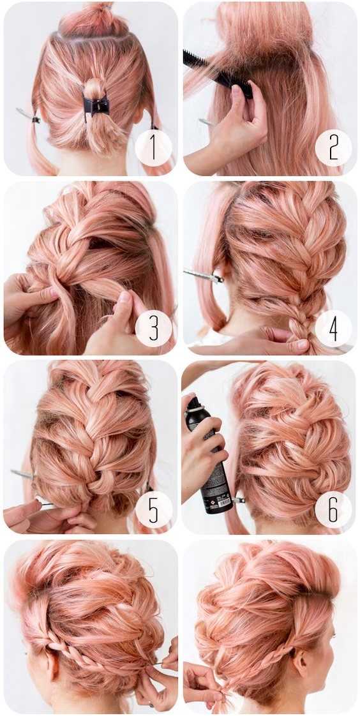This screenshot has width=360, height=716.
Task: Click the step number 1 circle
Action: point(153,147)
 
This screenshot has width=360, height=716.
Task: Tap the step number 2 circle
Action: point(333,147)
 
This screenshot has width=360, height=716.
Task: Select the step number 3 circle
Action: point(153,329)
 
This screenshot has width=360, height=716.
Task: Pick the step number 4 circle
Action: point(333,329)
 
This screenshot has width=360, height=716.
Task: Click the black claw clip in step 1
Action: point(96,106)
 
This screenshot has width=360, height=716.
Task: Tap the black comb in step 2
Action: point(218,74)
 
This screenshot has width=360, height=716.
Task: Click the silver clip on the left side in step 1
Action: point(28,115)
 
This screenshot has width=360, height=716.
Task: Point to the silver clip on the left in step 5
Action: point(23,474)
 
